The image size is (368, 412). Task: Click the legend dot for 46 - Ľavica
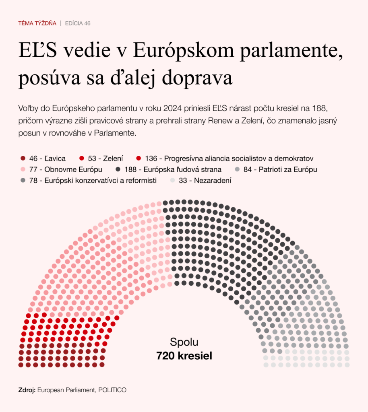[22, 159]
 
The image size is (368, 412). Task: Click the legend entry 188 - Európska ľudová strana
[176, 169]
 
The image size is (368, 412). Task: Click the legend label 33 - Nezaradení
[205, 181]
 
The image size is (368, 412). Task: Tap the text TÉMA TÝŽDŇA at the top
[37, 23]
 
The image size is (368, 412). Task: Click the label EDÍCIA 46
[78, 23]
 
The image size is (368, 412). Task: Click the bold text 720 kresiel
[184, 356]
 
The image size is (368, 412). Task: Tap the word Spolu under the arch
[184, 342]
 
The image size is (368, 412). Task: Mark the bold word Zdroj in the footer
[27, 390]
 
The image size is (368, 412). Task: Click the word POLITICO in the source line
[113, 390]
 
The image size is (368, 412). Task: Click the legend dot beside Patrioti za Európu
[238, 169]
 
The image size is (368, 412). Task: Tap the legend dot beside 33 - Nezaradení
[173, 181]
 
